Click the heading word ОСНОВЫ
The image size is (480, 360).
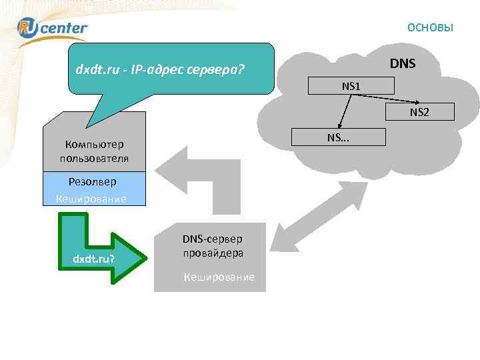430,27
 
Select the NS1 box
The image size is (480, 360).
351,85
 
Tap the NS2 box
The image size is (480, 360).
419,112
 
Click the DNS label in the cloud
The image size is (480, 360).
403,64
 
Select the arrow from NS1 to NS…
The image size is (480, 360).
345,111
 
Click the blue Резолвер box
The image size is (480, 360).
92,181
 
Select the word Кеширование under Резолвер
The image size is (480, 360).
91,198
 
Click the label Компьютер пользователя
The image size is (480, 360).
94,151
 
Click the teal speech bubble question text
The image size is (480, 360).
160,68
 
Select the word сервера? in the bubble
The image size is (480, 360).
217,68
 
